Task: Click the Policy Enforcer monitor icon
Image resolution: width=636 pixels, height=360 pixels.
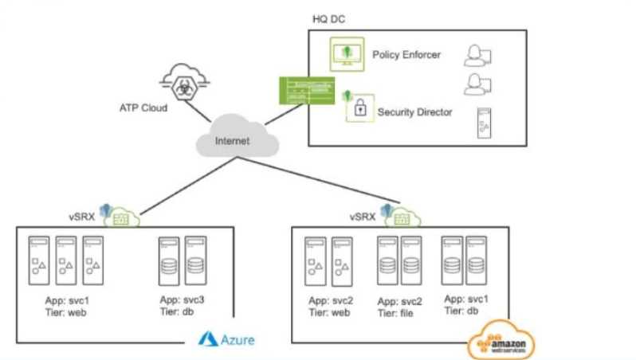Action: click(x=347, y=54)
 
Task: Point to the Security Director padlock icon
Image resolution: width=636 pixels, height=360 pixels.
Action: click(x=359, y=108)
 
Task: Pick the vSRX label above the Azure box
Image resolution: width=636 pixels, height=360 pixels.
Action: click(x=83, y=217)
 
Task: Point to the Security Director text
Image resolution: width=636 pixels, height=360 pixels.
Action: click(x=414, y=112)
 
